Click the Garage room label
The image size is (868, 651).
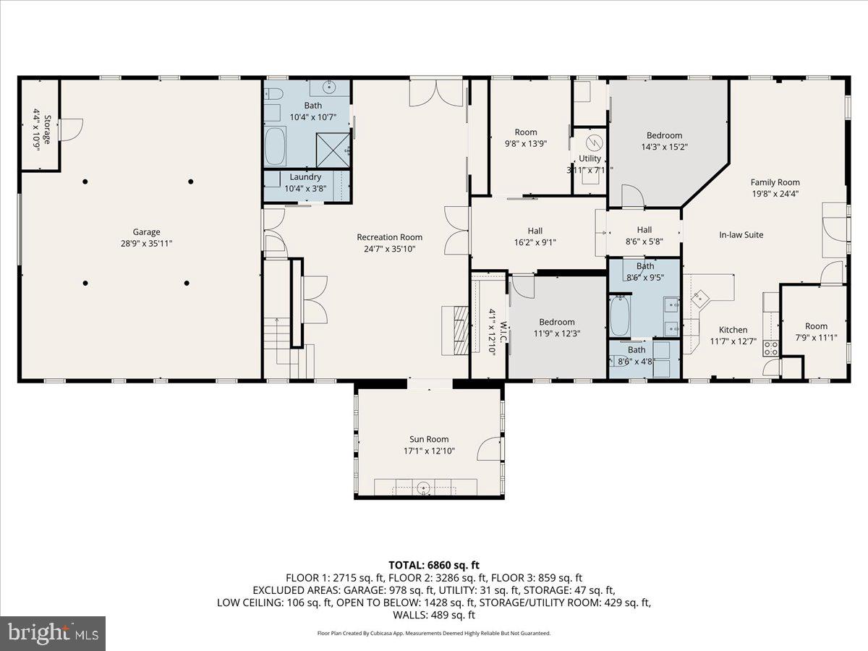(x=146, y=232)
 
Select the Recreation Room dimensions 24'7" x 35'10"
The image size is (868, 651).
(x=389, y=249)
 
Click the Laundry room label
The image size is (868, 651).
(x=305, y=177)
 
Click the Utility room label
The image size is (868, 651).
(x=590, y=158)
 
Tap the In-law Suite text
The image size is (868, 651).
(x=741, y=235)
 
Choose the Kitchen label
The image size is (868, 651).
(x=733, y=330)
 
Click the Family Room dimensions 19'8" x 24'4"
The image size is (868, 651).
(x=775, y=194)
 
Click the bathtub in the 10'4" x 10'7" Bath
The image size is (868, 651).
(x=275, y=147)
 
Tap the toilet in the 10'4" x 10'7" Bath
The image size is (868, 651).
(x=273, y=94)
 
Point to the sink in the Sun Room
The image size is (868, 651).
(x=424, y=488)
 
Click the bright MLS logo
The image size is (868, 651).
(x=53, y=634)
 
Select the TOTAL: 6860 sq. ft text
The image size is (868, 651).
(x=433, y=565)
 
